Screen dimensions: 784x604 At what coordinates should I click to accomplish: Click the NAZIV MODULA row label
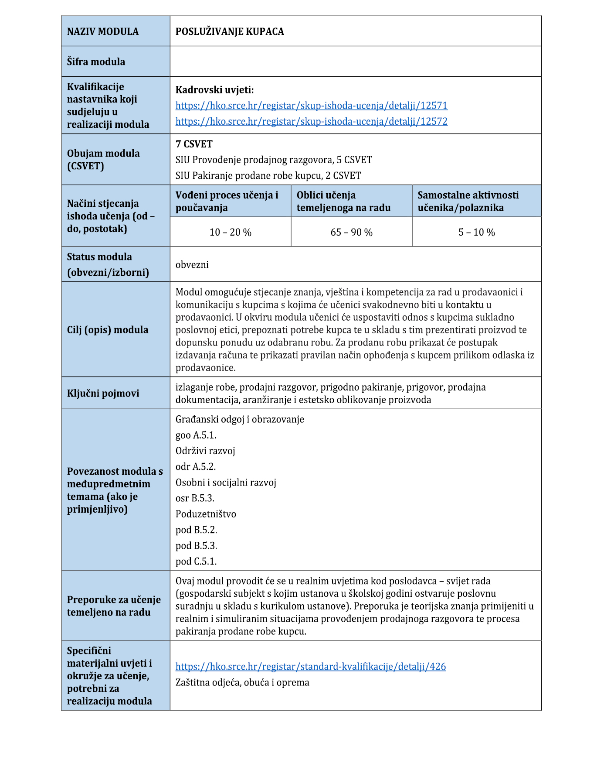tap(103, 31)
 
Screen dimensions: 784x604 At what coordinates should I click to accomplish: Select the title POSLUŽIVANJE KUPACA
tap(230, 31)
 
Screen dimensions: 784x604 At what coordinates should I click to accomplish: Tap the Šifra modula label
tap(96, 62)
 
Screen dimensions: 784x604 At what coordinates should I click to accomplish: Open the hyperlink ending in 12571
tap(311, 106)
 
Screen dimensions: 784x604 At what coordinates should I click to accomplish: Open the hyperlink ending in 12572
tap(311, 121)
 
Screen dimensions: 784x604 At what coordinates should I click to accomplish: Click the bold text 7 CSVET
tap(194, 144)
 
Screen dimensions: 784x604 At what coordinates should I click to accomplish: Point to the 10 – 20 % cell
tap(230, 232)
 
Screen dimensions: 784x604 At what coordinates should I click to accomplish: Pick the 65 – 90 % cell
tap(351, 232)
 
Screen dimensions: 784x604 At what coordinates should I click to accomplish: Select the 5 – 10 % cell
tap(476, 232)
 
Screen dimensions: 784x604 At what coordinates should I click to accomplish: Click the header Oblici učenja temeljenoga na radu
tap(343, 201)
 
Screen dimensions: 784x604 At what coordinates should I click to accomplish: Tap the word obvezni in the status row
tap(192, 265)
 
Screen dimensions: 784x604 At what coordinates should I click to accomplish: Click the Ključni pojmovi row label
tap(103, 393)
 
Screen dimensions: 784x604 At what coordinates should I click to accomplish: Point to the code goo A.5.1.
tap(196, 435)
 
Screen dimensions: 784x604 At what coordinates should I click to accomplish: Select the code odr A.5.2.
tap(196, 466)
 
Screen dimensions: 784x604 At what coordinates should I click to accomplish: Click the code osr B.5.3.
tap(195, 498)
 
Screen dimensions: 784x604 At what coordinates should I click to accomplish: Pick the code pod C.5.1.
tap(196, 561)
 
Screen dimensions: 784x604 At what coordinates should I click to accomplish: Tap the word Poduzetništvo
tap(206, 514)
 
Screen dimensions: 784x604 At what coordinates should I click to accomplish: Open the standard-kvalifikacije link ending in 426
tap(311, 666)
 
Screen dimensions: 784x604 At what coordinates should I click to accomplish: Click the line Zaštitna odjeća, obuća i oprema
tap(242, 682)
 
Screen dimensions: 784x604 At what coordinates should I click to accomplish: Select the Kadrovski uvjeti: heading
tap(214, 90)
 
